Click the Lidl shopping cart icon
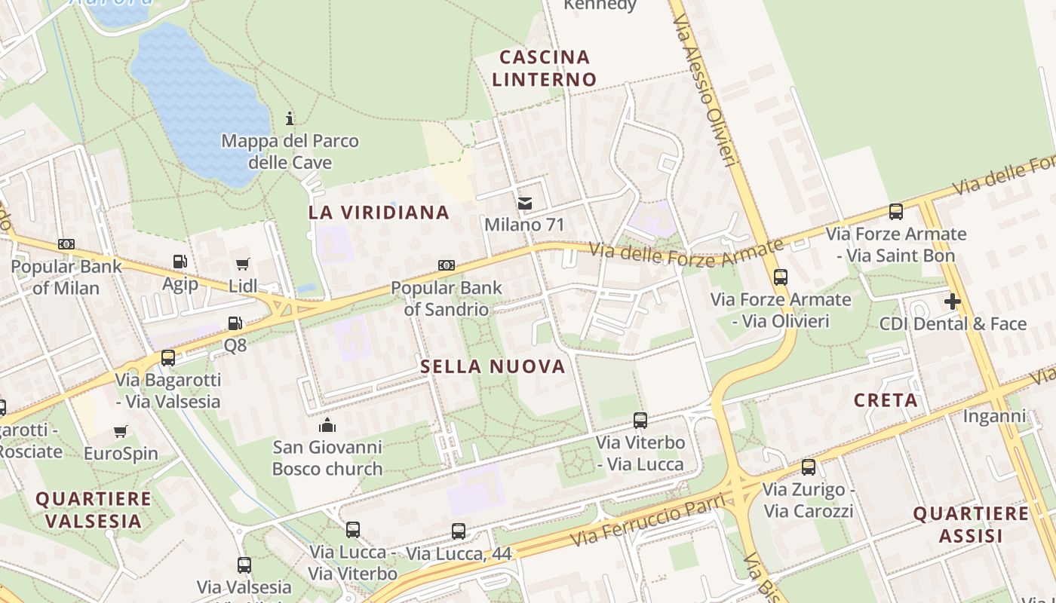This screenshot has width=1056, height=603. coord(242,265)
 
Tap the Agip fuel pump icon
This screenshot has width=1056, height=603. coord(180,262)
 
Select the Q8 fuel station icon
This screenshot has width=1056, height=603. coord(235,323)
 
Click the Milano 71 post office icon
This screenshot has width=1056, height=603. coord(524,203)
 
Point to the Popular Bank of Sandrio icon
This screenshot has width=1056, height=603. coord(446,265)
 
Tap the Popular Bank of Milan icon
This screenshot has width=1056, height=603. coord(66,244)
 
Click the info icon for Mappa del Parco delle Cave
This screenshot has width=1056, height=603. coord(290,118)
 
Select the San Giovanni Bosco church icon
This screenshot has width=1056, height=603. coord(327,425)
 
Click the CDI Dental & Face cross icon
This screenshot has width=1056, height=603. coord(953,302)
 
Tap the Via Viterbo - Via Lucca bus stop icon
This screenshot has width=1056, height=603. coord(640,421)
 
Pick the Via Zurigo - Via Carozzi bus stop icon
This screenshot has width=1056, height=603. coord(809,467)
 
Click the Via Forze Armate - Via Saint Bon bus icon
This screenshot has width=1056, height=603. coord(895,212)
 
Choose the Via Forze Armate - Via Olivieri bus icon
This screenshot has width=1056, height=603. coord(780,277)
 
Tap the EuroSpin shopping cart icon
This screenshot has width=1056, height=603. coord(120,432)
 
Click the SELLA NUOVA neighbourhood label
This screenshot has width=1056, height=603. coord(493,367)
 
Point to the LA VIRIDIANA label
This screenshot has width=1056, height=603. coord(379,213)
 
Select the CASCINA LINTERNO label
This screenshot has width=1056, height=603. coord(544,68)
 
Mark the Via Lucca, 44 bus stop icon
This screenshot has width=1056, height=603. coord(458,531)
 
